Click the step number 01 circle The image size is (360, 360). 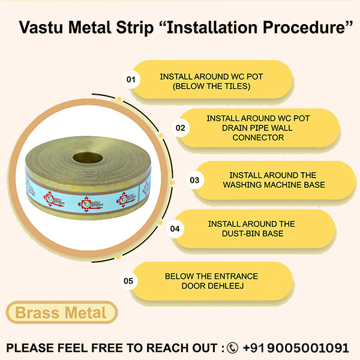click(131, 79)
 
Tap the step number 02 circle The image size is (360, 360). click(180, 128)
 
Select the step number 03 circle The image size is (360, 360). click(194, 179)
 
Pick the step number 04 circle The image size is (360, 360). click(175, 229)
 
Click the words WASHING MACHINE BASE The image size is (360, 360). click(274, 184)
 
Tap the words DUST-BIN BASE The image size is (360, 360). click(251, 233)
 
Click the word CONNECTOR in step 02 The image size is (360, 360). click(259, 137)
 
